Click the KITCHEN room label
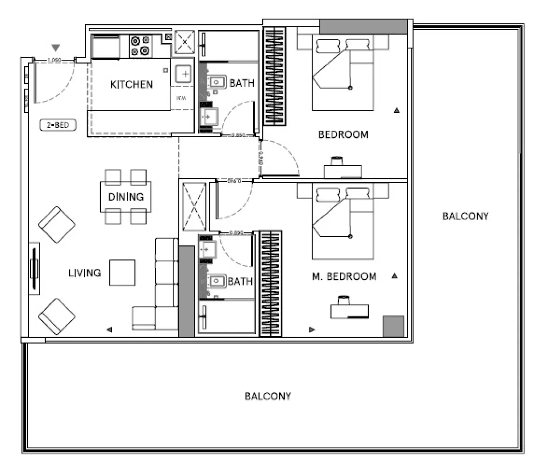132,84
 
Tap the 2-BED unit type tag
58,125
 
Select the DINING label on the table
126,197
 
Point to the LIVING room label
84,273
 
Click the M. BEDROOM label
344,277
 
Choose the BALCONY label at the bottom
268,396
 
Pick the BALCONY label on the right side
465,216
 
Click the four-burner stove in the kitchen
141,46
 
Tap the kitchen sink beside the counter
184,74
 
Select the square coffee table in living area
122,273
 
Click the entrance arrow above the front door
55,48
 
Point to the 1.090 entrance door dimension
54,60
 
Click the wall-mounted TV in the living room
34,269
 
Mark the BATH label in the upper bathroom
242,83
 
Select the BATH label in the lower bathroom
240,282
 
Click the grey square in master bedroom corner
393,326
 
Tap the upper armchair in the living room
57,225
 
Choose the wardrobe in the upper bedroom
275,76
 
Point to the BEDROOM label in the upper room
343,135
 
